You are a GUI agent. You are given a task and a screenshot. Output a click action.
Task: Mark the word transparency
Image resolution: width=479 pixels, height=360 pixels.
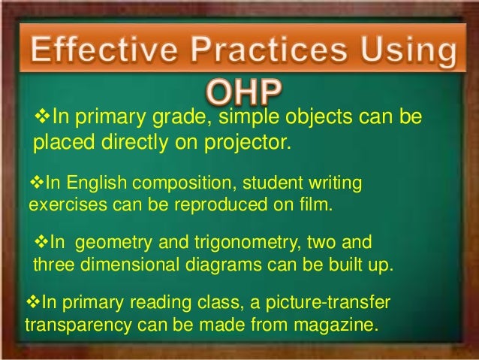tap(73, 327)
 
